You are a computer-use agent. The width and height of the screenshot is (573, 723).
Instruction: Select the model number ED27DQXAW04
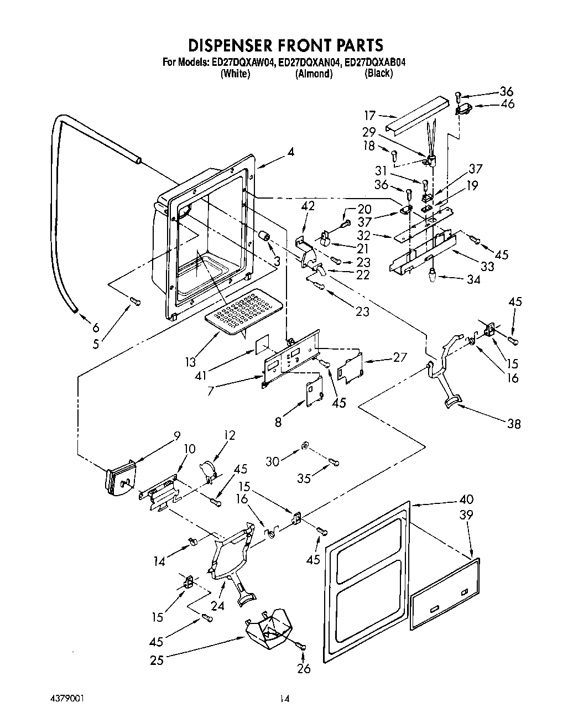pyautogui.click(x=243, y=63)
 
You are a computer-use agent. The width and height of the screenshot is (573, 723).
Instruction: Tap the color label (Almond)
pyautogui.click(x=314, y=74)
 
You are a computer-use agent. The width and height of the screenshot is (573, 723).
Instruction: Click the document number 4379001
pyautogui.click(x=68, y=698)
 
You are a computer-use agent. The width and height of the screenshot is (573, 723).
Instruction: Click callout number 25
pyautogui.click(x=157, y=659)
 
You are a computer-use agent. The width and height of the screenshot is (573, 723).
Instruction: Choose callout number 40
pyautogui.click(x=466, y=500)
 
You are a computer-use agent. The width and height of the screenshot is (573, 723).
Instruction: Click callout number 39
pyautogui.click(x=466, y=514)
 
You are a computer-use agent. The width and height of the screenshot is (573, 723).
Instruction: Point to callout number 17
pyautogui.click(x=369, y=115)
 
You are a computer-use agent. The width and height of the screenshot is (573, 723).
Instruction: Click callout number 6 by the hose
pyautogui.click(x=96, y=327)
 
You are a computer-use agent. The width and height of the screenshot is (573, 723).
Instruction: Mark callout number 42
pyautogui.click(x=308, y=206)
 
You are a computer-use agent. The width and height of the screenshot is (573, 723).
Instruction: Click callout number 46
pyautogui.click(x=507, y=104)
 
